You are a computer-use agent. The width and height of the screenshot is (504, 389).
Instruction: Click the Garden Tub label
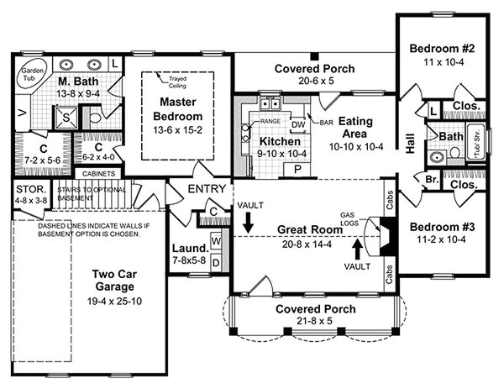coord(33,73)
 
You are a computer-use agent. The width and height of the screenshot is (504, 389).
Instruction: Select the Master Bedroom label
coord(180,108)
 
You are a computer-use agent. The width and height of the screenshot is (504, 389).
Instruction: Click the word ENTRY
coord(207,189)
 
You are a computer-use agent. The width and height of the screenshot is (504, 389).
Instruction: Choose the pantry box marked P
coord(297,168)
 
